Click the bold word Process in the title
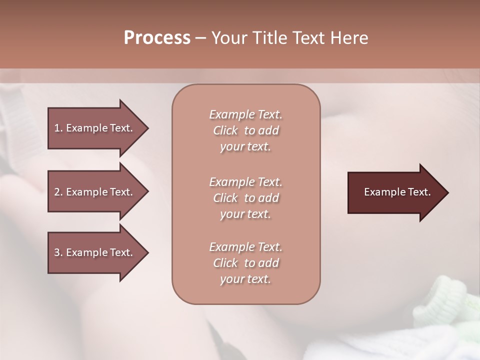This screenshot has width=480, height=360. [157, 37]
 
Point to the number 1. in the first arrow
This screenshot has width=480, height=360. [58, 128]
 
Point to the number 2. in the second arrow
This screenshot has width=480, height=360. [58, 192]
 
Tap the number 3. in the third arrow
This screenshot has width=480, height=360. [58, 252]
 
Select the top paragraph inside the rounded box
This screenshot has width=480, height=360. [245, 130]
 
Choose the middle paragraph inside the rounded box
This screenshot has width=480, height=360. [245, 198]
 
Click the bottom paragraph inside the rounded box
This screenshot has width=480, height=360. [245, 263]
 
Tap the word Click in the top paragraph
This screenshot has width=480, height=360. [225, 131]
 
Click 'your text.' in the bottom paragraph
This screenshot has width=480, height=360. [245, 279]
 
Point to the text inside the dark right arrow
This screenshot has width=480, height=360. [397, 192]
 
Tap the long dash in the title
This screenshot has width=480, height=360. [200, 38]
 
